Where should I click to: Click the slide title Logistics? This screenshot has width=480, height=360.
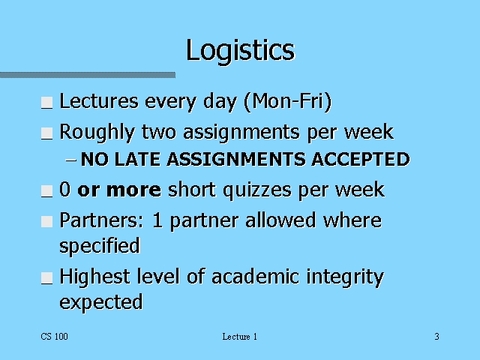(240, 50)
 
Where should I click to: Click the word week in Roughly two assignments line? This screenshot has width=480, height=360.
(368, 133)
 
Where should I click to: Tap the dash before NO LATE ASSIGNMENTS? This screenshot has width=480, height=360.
(71, 160)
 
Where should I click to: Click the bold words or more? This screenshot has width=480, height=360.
(119, 190)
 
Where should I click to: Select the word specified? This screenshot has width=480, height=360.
(100, 246)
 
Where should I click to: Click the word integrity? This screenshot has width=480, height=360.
(345, 277)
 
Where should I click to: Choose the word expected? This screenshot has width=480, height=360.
(100, 302)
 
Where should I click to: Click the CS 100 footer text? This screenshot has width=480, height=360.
(55, 337)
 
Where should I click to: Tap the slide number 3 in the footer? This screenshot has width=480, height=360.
(436, 337)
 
